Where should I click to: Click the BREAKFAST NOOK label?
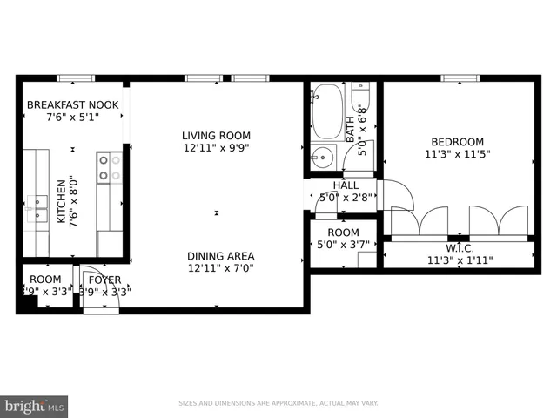(x=72, y=105)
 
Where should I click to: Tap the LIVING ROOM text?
(x=216, y=135)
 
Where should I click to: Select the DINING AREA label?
(x=220, y=255)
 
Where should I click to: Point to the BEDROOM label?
(x=457, y=142)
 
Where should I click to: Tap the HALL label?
(x=346, y=185)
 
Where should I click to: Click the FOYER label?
(x=104, y=280)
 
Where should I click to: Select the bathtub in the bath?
(x=327, y=111)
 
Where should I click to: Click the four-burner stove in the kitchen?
(x=109, y=167)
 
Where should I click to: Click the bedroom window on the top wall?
(x=460, y=78)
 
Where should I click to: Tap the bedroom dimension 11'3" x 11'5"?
(x=457, y=156)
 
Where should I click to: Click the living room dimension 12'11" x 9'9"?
(x=216, y=149)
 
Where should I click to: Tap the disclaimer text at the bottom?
(x=278, y=403)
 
